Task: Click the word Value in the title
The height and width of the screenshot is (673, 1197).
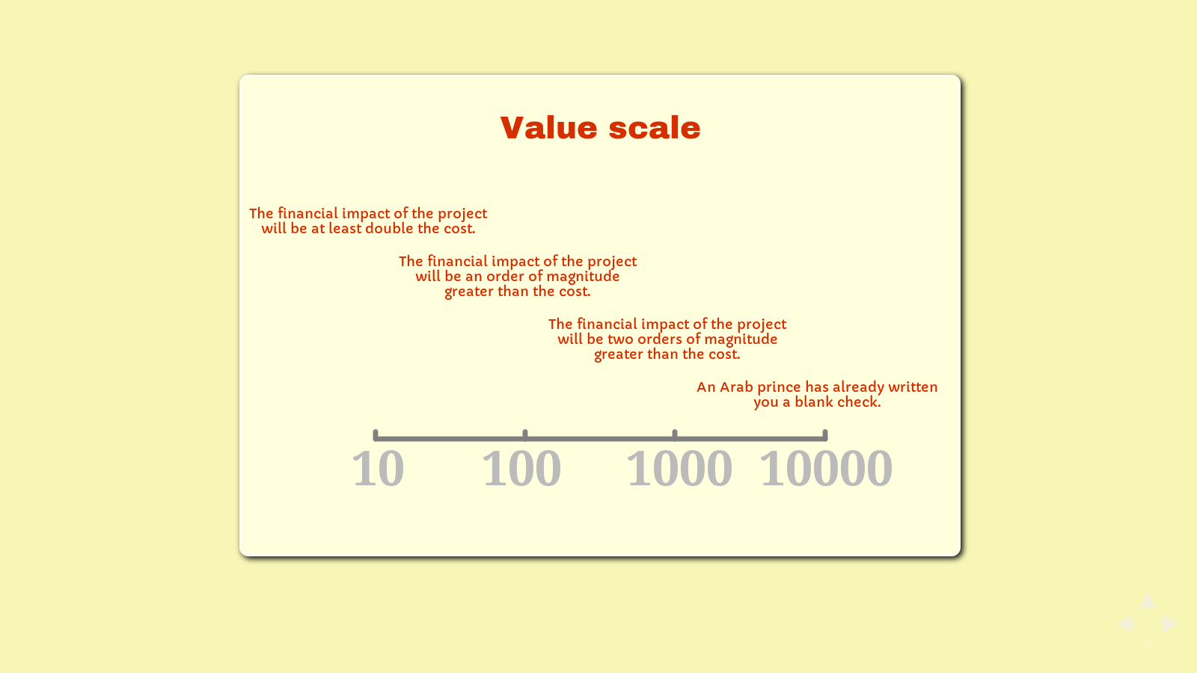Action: [x=549, y=128]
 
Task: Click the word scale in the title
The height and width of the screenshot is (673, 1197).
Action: [x=655, y=128]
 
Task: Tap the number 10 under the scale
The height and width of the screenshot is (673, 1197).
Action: [x=378, y=468]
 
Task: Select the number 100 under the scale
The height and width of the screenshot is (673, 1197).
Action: [x=521, y=468]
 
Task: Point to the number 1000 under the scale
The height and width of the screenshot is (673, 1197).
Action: [x=679, y=468]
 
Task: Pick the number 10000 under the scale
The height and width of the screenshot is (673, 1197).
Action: [x=826, y=468]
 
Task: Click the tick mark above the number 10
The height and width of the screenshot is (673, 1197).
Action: [x=375, y=434]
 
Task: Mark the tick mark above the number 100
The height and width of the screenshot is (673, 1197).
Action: [x=525, y=434]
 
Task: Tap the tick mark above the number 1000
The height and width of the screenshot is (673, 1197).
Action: [x=675, y=434]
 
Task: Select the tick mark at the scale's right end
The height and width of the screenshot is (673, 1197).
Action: [x=825, y=434]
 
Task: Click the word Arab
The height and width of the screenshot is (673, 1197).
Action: [x=736, y=387]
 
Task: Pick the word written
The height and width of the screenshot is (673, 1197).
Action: [x=913, y=387]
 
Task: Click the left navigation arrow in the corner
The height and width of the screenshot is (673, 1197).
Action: [x=1126, y=624]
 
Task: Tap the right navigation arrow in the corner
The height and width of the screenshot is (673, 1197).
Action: [x=1170, y=624]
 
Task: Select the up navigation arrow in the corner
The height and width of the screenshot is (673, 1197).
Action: [x=1148, y=601]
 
